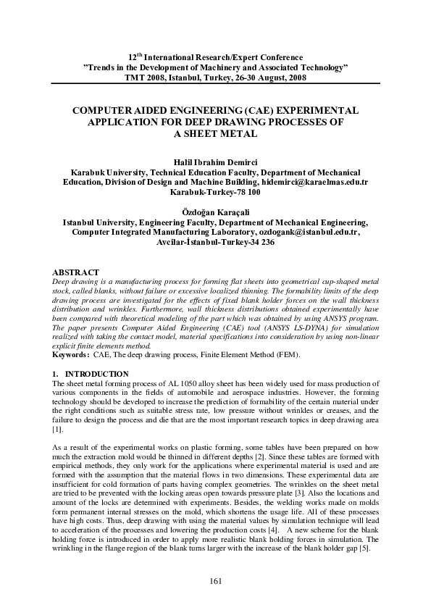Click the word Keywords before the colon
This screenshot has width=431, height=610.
pyautogui.click(x=72, y=354)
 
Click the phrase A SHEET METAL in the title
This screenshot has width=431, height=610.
pyautogui.click(x=215, y=134)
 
